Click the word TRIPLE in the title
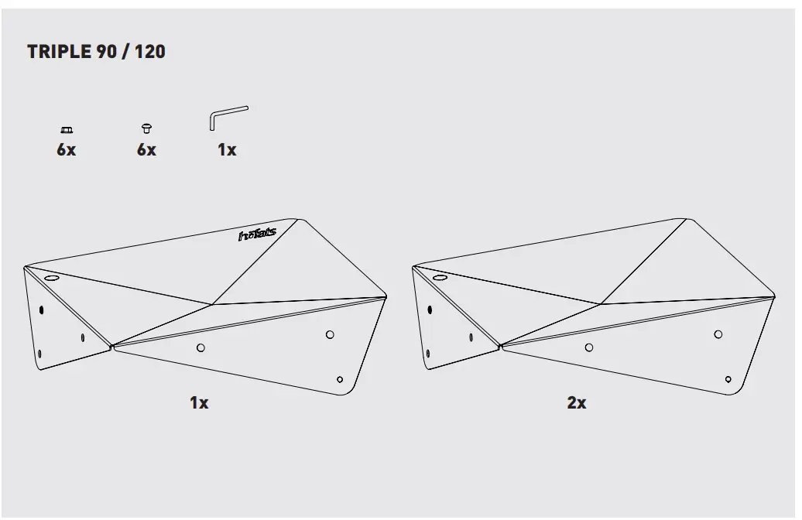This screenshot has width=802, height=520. pos(59,53)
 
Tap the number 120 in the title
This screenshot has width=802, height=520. pos(149,53)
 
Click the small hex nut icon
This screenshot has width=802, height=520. pos(66,129)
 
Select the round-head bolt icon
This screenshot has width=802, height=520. pos(146,128)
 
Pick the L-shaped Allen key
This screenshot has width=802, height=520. pos(226,118)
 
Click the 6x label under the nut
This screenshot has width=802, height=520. pos(66,150)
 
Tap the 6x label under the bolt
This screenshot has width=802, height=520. pos(146,150)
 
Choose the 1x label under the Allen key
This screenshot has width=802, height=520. pos(227,150)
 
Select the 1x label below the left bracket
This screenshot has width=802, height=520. pos(199,403)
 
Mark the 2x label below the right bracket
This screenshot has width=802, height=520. pos(577,403)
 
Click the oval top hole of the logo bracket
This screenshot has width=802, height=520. pos(52,277)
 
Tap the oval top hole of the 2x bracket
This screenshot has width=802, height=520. pos(440,277)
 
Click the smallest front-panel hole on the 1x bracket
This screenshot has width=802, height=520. pos(340,379)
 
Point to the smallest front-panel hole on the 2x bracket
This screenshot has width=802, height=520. pos(728,379)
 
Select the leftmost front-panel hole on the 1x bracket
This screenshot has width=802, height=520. pos(200,347)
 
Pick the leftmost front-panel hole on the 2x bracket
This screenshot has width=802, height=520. pos(589,347)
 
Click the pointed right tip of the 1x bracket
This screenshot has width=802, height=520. pos(385,296)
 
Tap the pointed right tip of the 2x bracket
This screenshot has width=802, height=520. pos(773,296)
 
